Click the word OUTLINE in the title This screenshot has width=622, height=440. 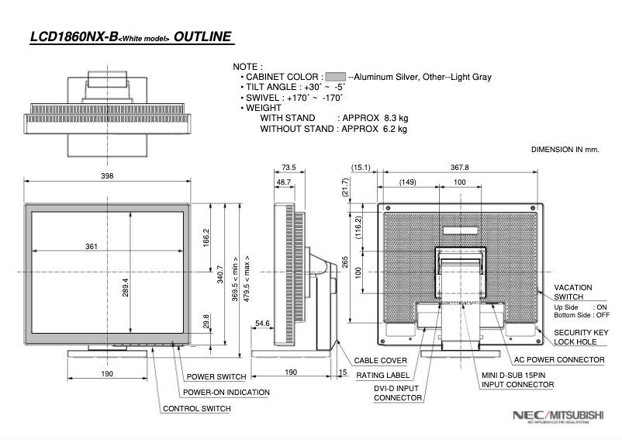pyautogui.click(x=202, y=36)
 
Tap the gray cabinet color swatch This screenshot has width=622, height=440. pyautogui.click(x=335, y=78)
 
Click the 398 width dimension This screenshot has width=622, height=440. pyautogui.click(x=107, y=176)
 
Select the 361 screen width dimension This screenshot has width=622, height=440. pyautogui.click(x=92, y=247)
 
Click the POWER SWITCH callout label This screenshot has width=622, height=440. pyautogui.click(x=216, y=377)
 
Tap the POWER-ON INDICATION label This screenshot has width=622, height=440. pyautogui.click(x=226, y=393)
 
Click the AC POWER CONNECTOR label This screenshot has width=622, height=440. pyautogui.click(x=559, y=360)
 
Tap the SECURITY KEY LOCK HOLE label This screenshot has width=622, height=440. pyautogui.click(x=581, y=337)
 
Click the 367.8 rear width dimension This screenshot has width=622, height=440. pyautogui.click(x=460, y=167)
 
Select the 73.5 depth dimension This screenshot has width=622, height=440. pyautogui.click(x=289, y=167)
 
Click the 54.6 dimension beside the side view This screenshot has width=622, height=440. pyautogui.click(x=262, y=323)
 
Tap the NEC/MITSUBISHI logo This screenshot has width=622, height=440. pyautogui.click(x=558, y=416)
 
